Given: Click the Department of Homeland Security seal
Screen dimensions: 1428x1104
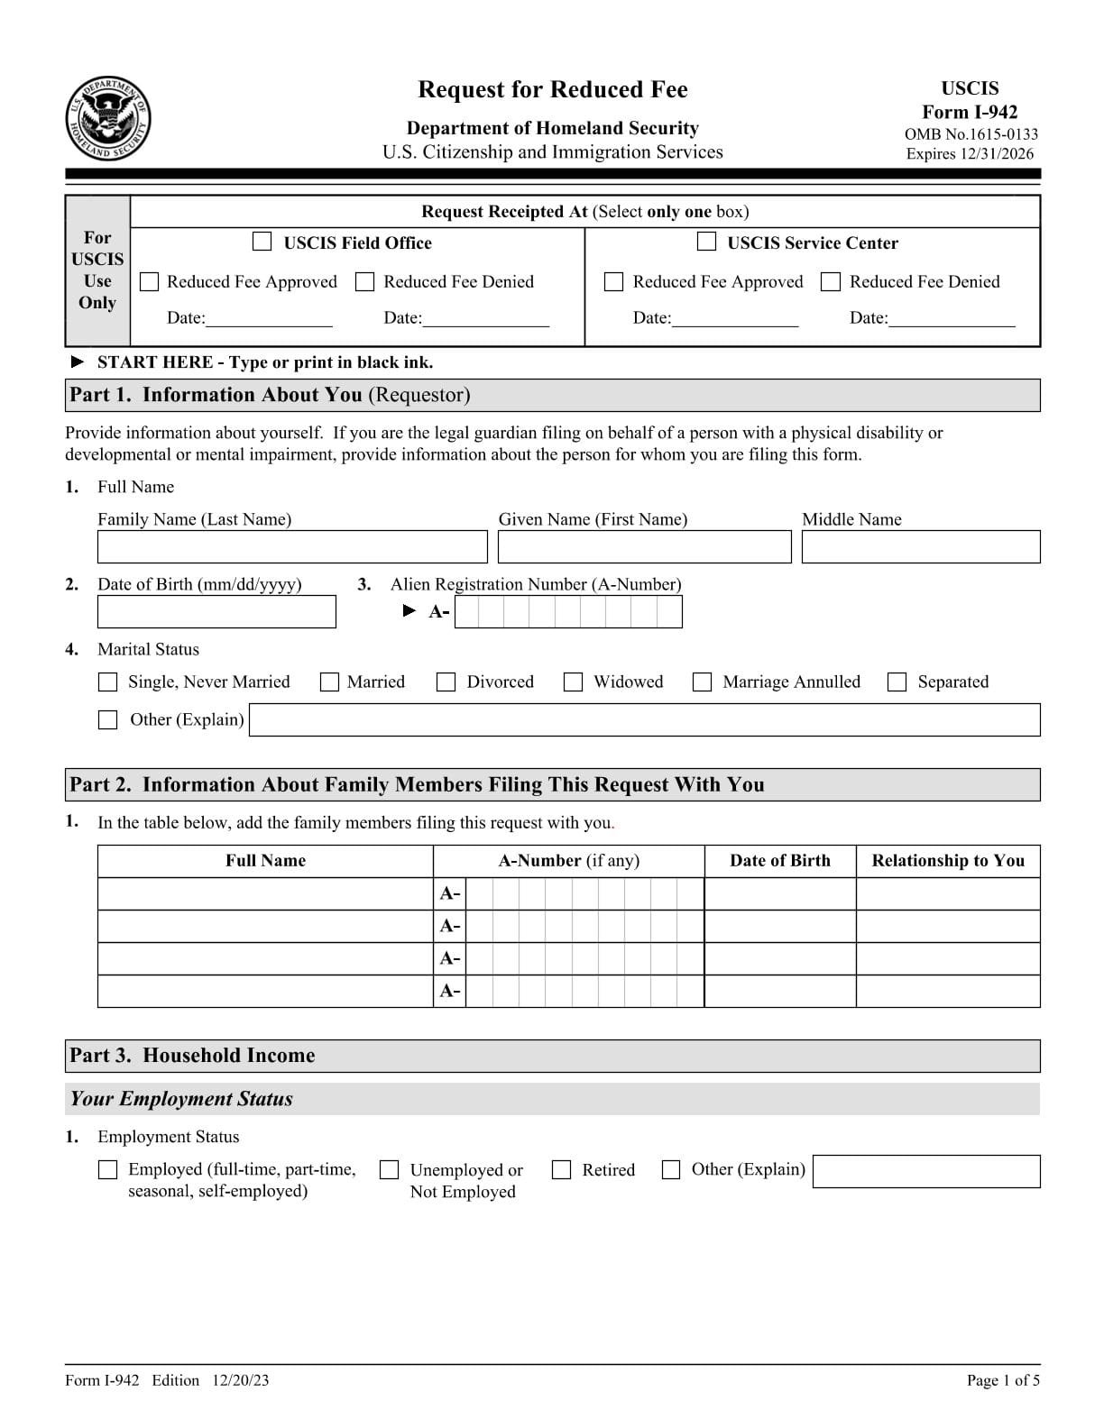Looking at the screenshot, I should coord(107,120).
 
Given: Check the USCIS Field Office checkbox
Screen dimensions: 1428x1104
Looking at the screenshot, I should coord(262,242).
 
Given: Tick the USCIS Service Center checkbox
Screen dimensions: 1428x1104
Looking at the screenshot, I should coord(707,242).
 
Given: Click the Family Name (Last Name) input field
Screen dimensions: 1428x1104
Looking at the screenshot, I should coord(291,547).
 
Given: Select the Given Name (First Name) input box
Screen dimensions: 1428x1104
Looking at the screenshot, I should coord(644,547).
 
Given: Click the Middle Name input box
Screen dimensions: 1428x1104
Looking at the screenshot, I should coord(920,547).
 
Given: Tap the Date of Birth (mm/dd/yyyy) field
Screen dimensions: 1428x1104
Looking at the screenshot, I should coord(216,612).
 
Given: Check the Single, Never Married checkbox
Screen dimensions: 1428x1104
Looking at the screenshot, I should coord(107,682).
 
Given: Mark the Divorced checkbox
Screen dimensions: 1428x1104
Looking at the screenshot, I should coord(446,682).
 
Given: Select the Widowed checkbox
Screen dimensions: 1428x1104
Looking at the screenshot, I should coord(573,682).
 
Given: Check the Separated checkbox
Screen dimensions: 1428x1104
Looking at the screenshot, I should coord(897,682).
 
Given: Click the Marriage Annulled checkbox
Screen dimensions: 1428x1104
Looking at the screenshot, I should coord(702,682).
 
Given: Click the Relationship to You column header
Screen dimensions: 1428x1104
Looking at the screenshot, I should coord(948,860).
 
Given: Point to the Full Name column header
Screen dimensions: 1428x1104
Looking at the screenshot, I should coord(265,860).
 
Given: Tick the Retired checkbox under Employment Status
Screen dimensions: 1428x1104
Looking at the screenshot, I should coord(561,1170).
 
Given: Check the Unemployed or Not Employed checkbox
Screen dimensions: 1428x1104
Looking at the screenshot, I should coord(390,1170).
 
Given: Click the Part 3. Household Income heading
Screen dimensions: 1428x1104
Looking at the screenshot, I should coord(193,1056).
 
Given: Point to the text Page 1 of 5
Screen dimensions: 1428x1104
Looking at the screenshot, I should coord(1002,1380).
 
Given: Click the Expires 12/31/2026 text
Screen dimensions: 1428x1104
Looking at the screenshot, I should coord(970,153).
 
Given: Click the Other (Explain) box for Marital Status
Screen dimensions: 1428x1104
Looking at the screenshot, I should coord(107,720).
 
